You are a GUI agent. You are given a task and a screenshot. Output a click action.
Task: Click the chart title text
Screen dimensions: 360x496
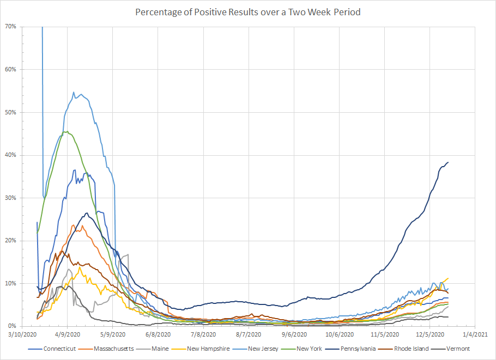point(248,12)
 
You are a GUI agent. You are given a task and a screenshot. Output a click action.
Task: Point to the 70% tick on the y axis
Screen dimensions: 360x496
point(26,27)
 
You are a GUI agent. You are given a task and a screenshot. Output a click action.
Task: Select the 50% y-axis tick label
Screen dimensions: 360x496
point(26,112)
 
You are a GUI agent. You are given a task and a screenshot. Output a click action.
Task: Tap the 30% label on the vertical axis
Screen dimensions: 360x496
point(26,198)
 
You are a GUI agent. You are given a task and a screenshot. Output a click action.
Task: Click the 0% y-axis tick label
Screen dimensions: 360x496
point(27,326)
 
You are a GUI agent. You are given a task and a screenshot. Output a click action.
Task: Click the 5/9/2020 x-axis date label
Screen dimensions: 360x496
point(113,335)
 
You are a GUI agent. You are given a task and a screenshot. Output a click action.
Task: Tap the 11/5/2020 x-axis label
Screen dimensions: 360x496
point(384,335)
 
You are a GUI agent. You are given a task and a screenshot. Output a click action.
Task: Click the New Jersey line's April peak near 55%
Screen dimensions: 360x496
point(74,93)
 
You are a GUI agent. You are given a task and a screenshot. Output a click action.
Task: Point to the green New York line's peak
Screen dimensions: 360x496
point(66,131)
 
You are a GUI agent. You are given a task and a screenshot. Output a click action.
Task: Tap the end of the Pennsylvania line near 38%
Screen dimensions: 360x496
point(448,162)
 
